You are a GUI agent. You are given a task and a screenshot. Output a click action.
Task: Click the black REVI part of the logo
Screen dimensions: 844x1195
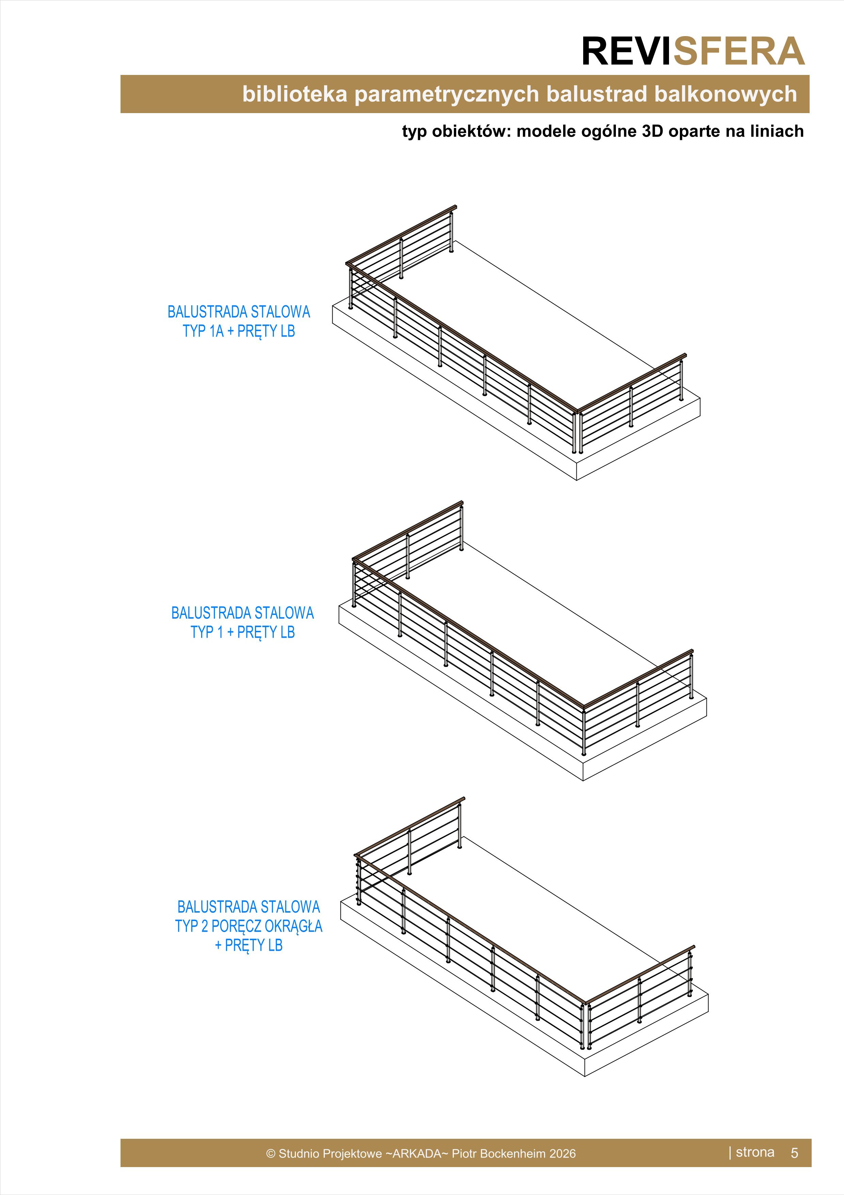click(x=627, y=51)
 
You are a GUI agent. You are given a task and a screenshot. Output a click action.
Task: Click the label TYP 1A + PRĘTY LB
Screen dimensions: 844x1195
click(x=239, y=331)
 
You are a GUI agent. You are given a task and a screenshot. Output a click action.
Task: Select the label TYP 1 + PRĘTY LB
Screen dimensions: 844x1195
click(x=242, y=632)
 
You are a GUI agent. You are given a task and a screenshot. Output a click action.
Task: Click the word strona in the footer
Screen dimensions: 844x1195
click(x=755, y=1152)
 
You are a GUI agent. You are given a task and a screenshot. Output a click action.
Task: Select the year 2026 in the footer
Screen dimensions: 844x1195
click(x=562, y=1153)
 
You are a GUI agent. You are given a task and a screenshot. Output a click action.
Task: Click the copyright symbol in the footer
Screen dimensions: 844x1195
click(x=270, y=1153)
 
